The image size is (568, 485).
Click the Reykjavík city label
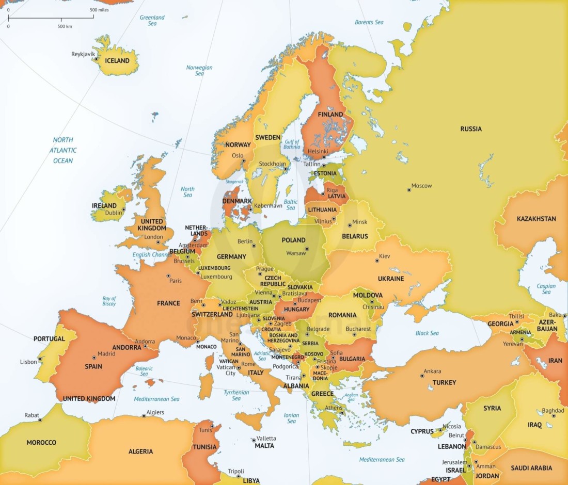(83, 54)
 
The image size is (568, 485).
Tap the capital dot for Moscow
(409, 190)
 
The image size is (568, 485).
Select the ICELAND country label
(117, 61)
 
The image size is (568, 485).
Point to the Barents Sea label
(369, 22)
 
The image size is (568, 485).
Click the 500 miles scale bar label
(99, 10)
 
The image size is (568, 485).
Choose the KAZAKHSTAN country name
(537, 219)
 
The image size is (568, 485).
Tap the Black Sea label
(427, 333)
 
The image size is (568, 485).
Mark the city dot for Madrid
(94, 358)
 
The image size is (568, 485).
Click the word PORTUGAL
(49, 339)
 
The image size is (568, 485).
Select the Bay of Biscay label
(109, 301)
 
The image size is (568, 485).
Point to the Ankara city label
(432, 371)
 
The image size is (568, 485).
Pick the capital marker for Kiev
(377, 261)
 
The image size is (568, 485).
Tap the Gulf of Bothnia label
(292, 144)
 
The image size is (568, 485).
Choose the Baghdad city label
(553, 411)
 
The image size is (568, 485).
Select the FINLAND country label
(330, 115)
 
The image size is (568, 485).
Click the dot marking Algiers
(144, 416)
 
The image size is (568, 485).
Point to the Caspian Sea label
(546, 289)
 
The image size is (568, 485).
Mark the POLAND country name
(293, 240)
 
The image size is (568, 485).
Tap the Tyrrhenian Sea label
(236, 395)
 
